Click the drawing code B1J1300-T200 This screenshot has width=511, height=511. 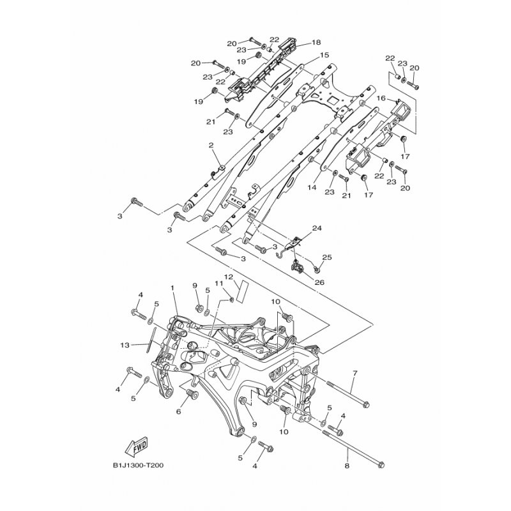coord(138,466)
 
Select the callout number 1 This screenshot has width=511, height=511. coord(172,288)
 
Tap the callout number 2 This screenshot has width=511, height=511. coord(211,145)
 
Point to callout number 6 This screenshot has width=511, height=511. coord(178,411)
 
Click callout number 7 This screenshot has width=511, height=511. coord(355,372)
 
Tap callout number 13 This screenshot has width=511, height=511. coord(125,345)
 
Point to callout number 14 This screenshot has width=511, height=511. coord(312,188)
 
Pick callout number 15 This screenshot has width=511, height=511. coord(324,55)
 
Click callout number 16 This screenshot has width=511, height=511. coord(381,98)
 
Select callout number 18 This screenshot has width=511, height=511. coord(316,42)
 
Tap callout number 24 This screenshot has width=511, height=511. coord(317,228)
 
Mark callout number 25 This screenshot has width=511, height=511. coord(327,257)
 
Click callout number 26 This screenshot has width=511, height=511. coord(320,282)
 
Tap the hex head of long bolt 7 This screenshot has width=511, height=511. coord(365,404)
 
